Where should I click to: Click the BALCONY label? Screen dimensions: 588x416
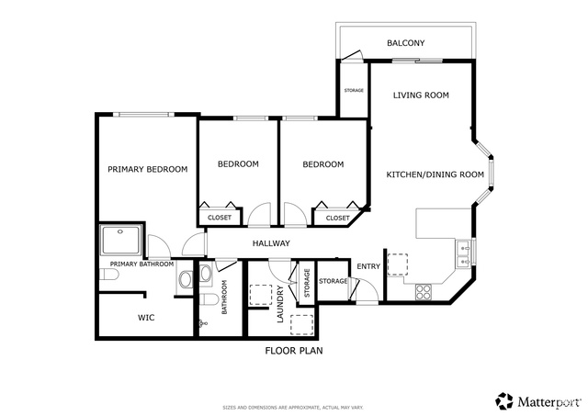tap(406, 43)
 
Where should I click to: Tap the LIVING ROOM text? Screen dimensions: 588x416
tap(421, 96)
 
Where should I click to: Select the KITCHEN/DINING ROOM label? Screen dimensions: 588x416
tap(435, 174)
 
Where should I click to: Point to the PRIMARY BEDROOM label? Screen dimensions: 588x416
tap(148, 169)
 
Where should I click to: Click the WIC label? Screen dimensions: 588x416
tap(146, 318)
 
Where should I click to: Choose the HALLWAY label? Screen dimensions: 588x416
tap(271, 243)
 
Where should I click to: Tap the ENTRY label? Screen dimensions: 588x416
tap(368, 266)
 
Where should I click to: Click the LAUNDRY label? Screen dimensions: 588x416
tap(279, 304)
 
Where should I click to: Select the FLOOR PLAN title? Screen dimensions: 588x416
tap(294, 351)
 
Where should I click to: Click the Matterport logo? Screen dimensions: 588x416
tap(537, 401)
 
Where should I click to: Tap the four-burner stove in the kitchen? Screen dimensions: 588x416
tap(424, 292)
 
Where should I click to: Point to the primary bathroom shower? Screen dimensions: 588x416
tap(121, 239)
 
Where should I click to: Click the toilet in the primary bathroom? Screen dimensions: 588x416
tap(109, 275)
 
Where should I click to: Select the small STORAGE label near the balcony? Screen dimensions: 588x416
tap(354, 90)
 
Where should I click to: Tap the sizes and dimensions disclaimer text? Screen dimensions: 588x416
tap(293, 408)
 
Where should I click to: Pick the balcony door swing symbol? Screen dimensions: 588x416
tap(352, 55)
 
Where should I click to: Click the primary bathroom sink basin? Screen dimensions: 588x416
tap(186, 279)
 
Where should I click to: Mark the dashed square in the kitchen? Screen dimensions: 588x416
tap(398, 264)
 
